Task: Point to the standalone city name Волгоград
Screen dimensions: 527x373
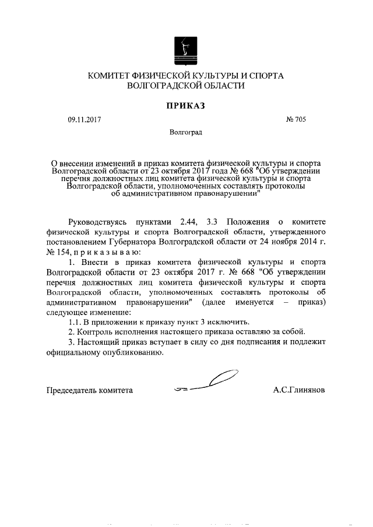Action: coord(186,133)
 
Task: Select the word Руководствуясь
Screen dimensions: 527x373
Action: coord(97,222)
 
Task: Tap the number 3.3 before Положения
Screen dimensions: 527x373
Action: coord(215,222)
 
